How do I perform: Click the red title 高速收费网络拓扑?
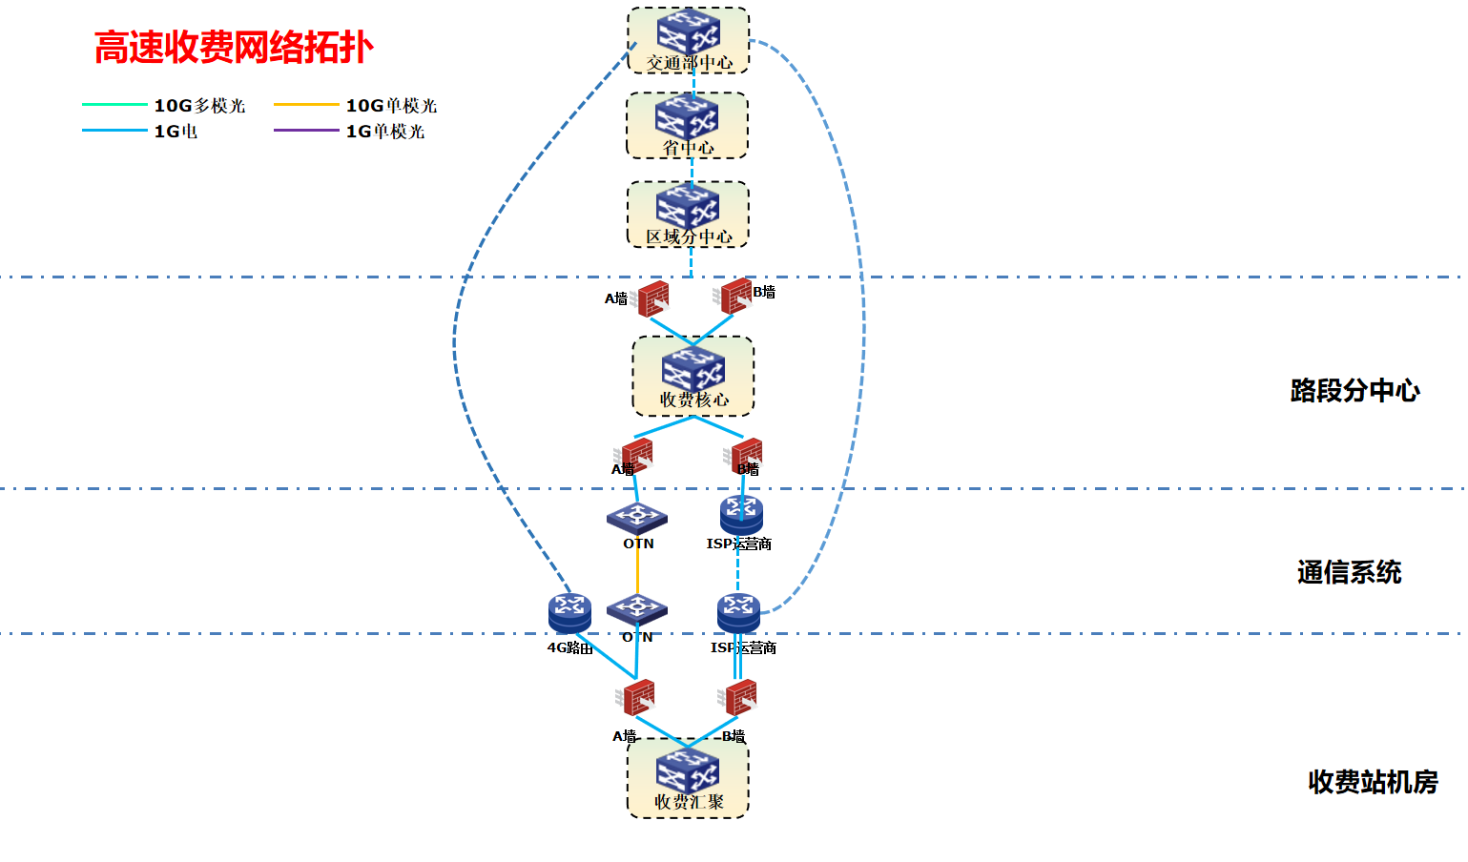point(234,47)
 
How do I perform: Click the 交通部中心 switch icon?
point(688,32)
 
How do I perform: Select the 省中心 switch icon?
point(687,117)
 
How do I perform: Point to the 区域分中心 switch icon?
point(688,206)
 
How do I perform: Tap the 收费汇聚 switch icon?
point(688,771)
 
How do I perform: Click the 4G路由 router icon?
point(569,612)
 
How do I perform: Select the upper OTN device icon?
point(637,518)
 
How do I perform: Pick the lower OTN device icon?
point(637,609)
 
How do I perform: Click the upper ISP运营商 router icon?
point(741,514)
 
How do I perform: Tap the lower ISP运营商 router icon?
point(738,612)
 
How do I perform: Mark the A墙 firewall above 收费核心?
point(652,299)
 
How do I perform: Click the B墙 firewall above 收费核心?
point(735,296)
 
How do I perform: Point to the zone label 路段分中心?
point(1354,390)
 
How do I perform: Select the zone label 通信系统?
point(1349,572)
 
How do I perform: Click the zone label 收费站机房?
point(1373,782)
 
